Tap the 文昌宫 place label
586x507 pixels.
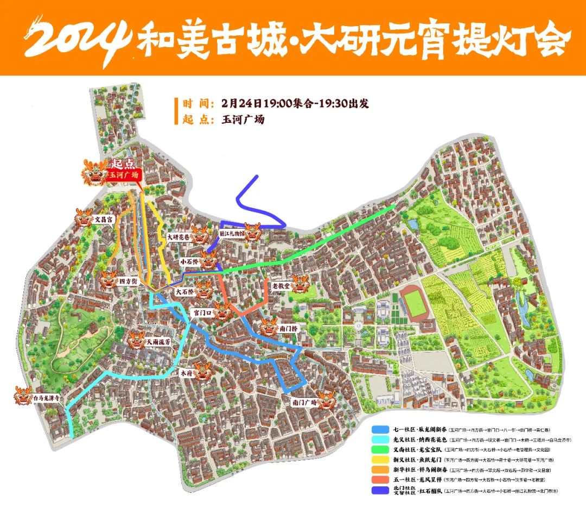[x=103, y=220]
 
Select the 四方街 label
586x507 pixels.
[x=128, y=281]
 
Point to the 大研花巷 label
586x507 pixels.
[x=179, y=237]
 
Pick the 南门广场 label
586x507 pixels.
[x=304, y=403]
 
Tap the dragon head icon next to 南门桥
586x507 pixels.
[x=269, y=327]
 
